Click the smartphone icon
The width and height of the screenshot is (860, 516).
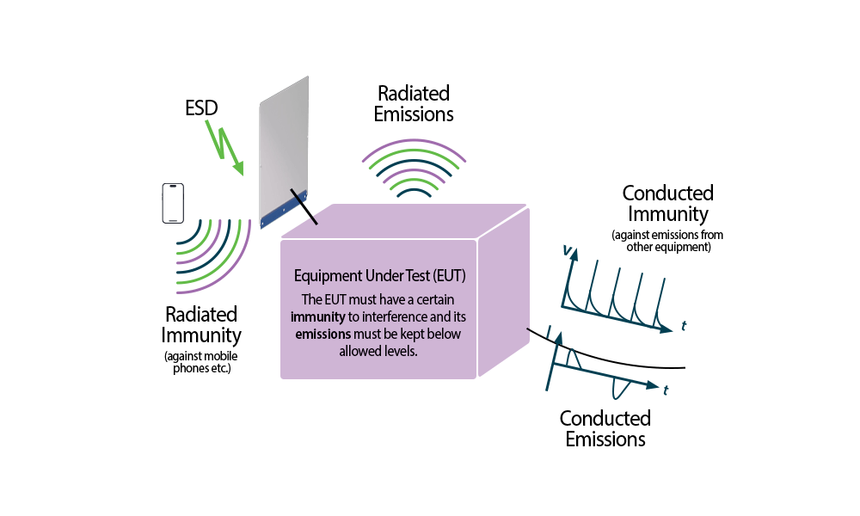pyautogui.click(x=173, y=203)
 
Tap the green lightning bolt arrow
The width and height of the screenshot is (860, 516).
pyautogui.click(x=224, y=147)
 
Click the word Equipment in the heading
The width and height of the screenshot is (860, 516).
pyautogui.click(x=326, y=276)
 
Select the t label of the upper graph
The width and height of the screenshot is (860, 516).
pyautogui.click(x=684, y=325)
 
